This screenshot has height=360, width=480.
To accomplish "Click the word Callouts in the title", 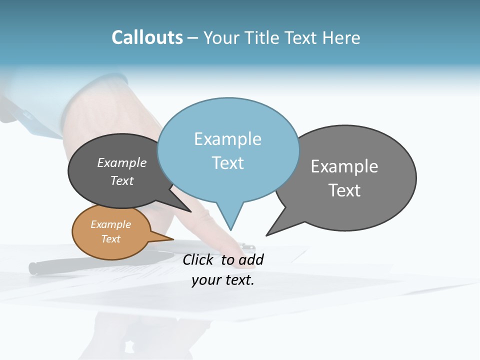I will pyautogui.click(x=147, y=37).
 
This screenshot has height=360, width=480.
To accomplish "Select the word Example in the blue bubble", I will pyautogui.click(x=227, y=139).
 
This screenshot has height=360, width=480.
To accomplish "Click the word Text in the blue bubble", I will pyautogui.click(x=227, y=163).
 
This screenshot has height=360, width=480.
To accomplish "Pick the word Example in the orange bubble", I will pyautogui.click(x=110, y=224).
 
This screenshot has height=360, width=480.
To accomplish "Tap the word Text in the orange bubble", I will pyautogui.click(x=110, y=239).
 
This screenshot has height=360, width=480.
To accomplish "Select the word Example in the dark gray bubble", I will pyautogui.click(x=121, y=162).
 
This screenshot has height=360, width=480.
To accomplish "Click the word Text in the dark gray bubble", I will pyautogui.click(x=121, y=180).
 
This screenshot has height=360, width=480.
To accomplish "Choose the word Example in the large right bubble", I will pyautogui.click(x=344, y=166).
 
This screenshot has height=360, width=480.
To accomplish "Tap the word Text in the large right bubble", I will pyautogui.click(x=344, y=190).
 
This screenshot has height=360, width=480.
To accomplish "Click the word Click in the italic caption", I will pyautogui.click(x=199, y=259).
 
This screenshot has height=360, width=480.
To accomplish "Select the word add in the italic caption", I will pyautogui.click(x=250, y=259).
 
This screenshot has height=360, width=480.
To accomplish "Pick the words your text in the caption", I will pyautogui.click(x=222, y=279).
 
